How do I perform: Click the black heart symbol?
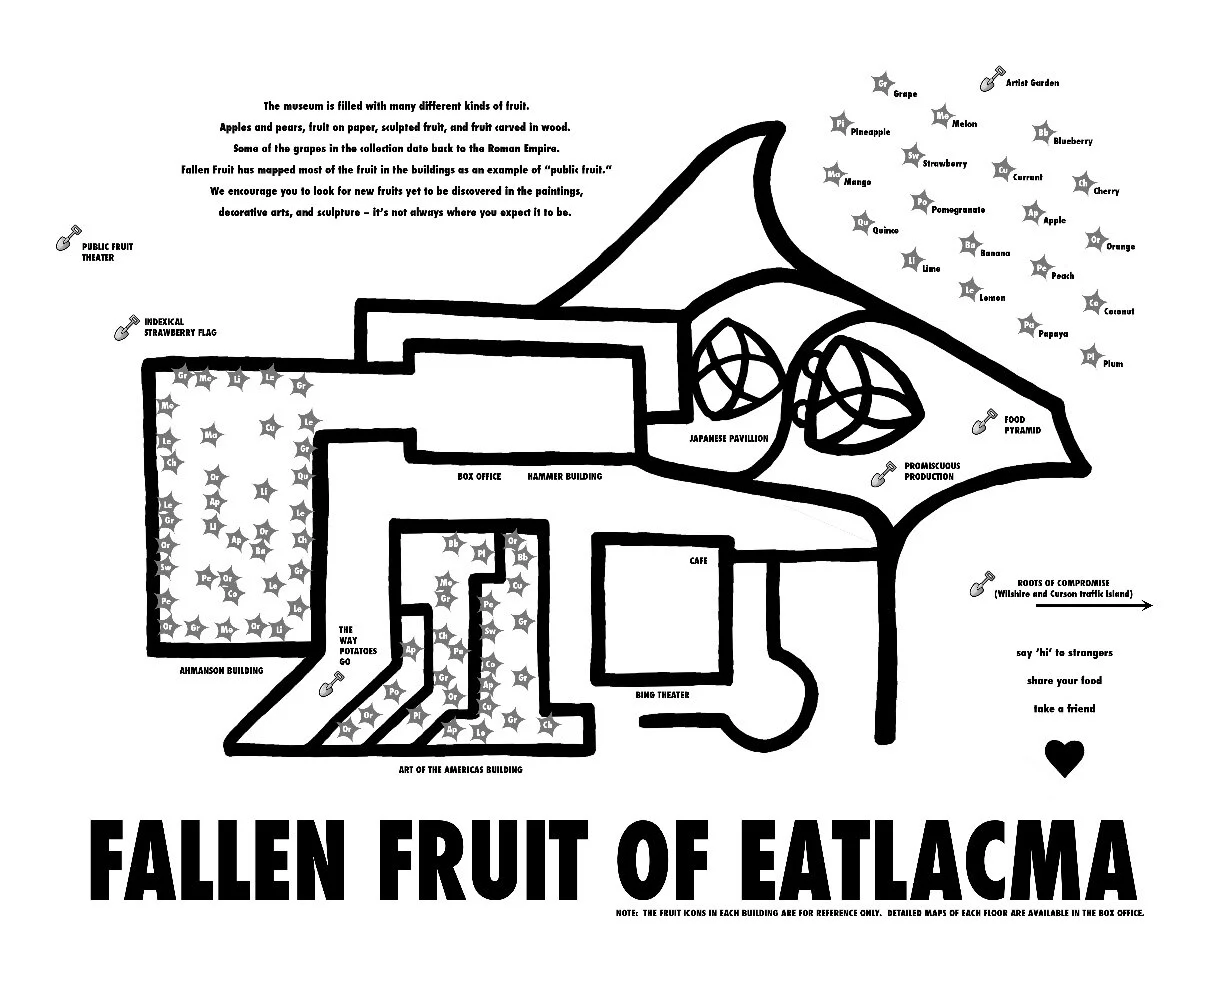coord(1063,758)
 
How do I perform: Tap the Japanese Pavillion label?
coord(729,438)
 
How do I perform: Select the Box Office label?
coord(479,477)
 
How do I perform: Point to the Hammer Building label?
coord(565,477)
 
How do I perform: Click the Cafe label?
coord(698,561)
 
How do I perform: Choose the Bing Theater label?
coord(662,695)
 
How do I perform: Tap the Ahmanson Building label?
coord(221,670)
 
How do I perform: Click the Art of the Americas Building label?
coord(460,770)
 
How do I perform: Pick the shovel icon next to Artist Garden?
coord(991,79)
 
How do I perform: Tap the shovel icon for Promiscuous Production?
coord(883,474)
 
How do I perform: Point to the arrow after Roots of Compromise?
coord(1142,605)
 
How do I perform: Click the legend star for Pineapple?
coord(840,124)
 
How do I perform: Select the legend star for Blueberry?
coord(1042,133)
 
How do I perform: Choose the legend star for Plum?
coord(1091,356)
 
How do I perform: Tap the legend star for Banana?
coord(968,244)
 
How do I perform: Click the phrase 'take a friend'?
coord(1064,709)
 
